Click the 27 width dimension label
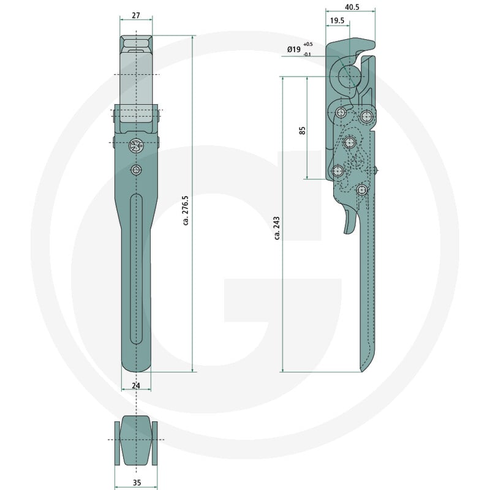pyautogui.click(x=136, y=15)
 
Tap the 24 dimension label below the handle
pyautogui.click(x=136, y=386)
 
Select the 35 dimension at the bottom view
pyautogui.click(x=137, y=483)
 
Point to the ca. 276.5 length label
pyautogui.click(x=186, y=210)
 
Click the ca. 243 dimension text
pyautogui.click(x=277, y=228)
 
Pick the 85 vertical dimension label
pyautogui.click(x=302, y=130)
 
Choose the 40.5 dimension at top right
pyautogui.click(x=352, y=7)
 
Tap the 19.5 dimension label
pyautogui.click(x=337, y=21)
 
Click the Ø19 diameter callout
pyautogui.click(x=294, y=49)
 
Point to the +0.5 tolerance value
pyautogui.click(x=308, y=44)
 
